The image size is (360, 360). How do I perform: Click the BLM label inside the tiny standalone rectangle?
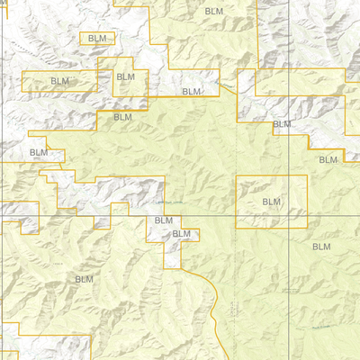tap(98, 39)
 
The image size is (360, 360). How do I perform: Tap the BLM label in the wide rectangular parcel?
tap(59, 81)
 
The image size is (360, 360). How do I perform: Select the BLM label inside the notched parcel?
tap(126, 77)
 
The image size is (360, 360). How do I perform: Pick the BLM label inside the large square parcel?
tap(271, 202)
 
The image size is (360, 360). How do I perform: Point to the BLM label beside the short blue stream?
tap(191, 92)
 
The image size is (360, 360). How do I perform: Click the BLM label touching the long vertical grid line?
tap(282, 124)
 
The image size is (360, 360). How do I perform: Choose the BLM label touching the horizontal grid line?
tap(163, 220)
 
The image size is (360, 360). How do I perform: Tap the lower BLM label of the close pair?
tap(182, 234)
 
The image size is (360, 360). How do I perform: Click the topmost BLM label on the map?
tap(213, 11)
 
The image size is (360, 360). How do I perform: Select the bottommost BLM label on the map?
tap(84, 279)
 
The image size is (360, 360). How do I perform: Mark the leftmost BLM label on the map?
tap(39, 153)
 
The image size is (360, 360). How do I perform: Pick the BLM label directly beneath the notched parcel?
tap(122, 117)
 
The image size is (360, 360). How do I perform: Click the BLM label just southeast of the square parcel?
tap(320, 246)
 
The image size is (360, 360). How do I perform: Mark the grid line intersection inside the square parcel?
tap(290, 216)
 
